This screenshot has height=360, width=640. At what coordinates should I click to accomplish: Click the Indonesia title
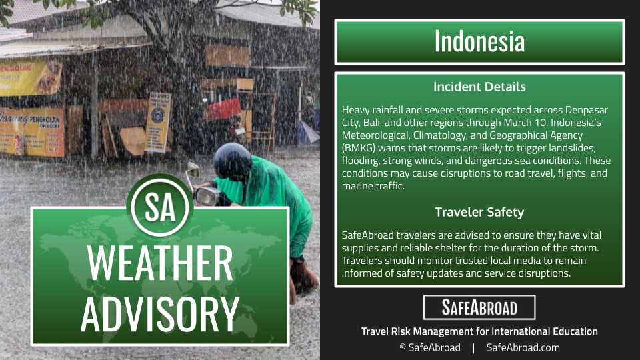tap(479, 41)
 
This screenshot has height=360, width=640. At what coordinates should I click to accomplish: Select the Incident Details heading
tap(479, 87)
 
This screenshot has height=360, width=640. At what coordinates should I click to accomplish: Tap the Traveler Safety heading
tap(479, 212)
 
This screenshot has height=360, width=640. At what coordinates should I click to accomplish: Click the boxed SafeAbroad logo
tap(479, 307)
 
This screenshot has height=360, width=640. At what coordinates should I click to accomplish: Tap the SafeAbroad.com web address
tap(523, 347)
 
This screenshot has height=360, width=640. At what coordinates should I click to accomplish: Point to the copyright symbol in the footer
tap(403, 347)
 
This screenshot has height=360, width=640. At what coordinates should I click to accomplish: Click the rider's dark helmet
tap(232, 161)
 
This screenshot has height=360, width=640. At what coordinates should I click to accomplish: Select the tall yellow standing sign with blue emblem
tap(158, 121)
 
